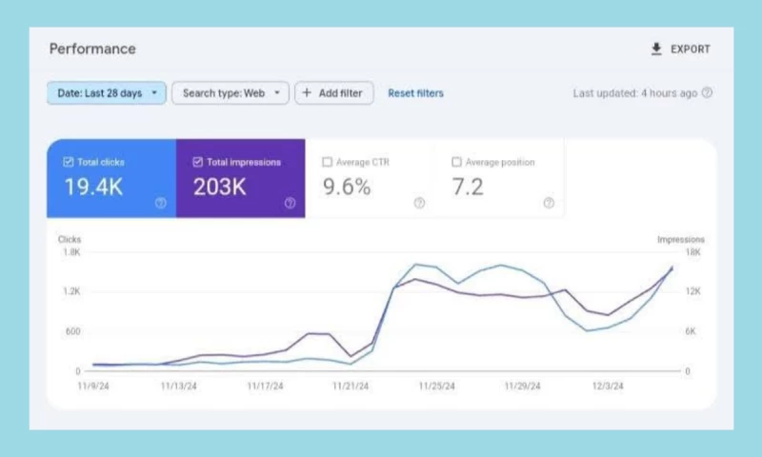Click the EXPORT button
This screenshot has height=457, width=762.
(x=680, y=50)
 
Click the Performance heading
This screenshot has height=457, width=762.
(x=92, y=49)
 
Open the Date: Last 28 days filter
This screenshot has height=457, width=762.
(x=106, y=93)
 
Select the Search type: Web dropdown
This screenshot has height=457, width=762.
(x=230, y=93)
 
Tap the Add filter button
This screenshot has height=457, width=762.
(x=333, y=93)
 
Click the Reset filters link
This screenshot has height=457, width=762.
(x=415, y=93)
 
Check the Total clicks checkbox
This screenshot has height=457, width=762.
(x=68, y=162)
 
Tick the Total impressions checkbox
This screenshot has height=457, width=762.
(x=197, y=162)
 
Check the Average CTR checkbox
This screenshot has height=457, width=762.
(x=328, y=162)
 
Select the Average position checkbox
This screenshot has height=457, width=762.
(x=456, y=162)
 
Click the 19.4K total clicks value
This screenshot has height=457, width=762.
(x=93, y=188)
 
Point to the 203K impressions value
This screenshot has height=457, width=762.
(x=220, y=188)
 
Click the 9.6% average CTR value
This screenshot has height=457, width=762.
(x=347, y=188)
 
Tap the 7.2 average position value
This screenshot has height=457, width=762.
(x=469, y=188)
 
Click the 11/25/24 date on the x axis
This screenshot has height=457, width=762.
(x=436, y=387)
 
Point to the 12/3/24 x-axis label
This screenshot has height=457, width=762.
(x=607, y=387)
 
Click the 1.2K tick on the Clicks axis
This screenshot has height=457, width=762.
(x=70, y=292)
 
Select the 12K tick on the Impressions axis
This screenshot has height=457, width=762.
(x=693, y=292)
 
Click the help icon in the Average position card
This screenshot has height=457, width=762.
(x=549, y=203)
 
